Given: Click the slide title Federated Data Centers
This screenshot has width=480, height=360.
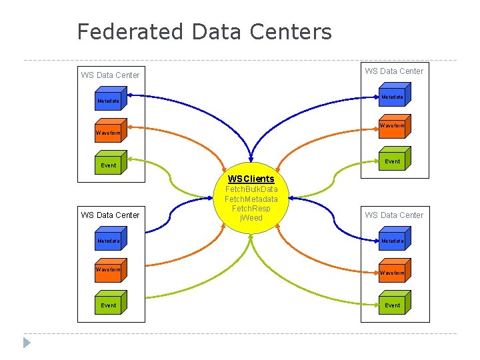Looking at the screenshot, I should pos(204,31).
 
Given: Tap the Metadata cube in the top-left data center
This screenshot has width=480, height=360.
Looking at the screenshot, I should pos(109,101).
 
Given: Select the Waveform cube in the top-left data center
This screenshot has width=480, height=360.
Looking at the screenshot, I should pos(109,132).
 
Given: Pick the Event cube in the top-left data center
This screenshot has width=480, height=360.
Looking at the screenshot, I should pos(109,165).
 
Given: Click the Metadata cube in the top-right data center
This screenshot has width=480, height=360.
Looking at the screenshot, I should pos(393,97).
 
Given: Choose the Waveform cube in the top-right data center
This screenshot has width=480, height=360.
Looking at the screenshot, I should pos(393,125).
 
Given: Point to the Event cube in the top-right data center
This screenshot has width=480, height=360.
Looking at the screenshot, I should pos(393,161).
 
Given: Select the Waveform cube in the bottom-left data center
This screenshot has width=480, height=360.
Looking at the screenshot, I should pos(109,269).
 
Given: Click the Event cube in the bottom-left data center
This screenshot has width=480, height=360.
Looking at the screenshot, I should pos(109,305).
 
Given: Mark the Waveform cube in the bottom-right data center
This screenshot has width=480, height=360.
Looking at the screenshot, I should pos(393,273).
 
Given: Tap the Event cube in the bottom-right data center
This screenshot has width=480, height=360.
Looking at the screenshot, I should pos(393,305).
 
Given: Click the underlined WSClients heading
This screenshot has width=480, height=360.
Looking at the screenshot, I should pos(251,179).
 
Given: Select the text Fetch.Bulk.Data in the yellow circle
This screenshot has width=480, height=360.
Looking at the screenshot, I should pos(251,189).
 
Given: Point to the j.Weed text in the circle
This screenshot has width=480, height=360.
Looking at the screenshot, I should pos(251,218).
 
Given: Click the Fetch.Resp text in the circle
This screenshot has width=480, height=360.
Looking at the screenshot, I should pos(251,209).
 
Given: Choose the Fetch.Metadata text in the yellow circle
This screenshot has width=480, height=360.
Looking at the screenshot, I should pos(251,199).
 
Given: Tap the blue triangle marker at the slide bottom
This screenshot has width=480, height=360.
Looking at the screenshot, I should pos(27,343).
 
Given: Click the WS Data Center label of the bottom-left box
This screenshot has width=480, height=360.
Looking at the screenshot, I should pos(110,215).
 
